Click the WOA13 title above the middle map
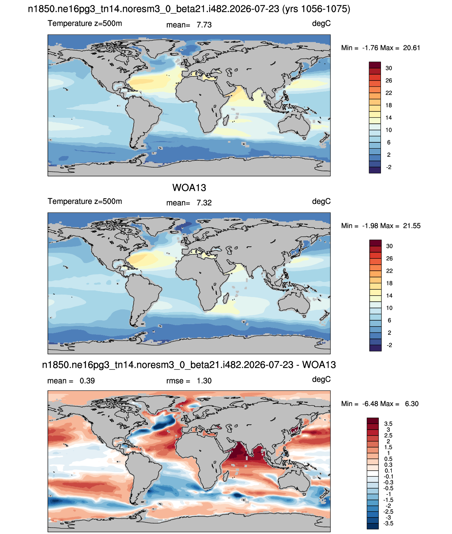[x=189, y=188]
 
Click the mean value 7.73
[x=204, y=25]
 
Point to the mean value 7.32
[x=204, y=203]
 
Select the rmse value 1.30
[x=204, y=381]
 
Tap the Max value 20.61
[x=412, y=48]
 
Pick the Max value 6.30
[x=412, y=404]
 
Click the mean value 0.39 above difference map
[x=87, y=381]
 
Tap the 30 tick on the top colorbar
[x=389, y=68]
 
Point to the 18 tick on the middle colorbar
[x=389, y=283]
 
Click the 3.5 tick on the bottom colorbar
[x=388, y=424]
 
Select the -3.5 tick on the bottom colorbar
[x=388, y=523]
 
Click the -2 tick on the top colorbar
[x=389, y=167]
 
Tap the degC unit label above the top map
[x=321, y=24]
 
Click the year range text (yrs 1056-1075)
[x=316, y=9]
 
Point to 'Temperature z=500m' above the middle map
[x=85, y=201]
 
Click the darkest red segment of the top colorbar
[x=375, y=65]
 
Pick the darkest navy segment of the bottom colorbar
[x=373, y=526]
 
